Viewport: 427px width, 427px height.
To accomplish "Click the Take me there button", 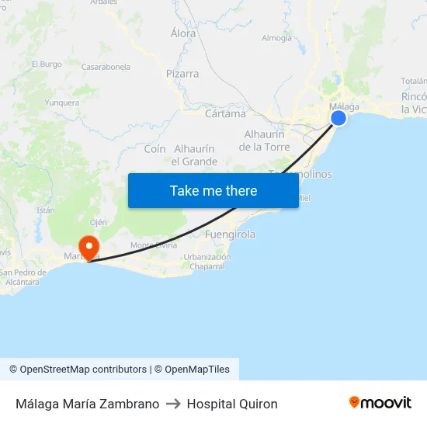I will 213,190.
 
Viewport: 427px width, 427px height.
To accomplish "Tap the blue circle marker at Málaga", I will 338,118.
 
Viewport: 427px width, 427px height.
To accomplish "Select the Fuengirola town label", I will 230,234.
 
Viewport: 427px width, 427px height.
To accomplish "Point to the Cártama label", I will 225,113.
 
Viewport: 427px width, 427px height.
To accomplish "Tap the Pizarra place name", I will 182,74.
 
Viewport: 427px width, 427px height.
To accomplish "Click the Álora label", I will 183,33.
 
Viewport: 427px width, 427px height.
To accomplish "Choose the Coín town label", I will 155,148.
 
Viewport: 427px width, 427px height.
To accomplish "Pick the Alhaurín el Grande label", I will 194,155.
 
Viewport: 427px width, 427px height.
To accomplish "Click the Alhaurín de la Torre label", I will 265,141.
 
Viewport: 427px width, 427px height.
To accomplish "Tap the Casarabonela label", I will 106,68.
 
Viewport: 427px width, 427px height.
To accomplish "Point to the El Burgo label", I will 47,64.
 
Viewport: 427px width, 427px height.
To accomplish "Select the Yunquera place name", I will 62,102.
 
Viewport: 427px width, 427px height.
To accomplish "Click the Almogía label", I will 277,37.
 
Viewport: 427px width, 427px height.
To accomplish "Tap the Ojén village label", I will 99,222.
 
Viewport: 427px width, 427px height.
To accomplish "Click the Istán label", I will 46,210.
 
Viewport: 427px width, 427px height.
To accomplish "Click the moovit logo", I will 380,403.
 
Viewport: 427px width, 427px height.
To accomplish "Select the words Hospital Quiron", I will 232,404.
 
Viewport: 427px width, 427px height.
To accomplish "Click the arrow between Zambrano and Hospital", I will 173,404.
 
